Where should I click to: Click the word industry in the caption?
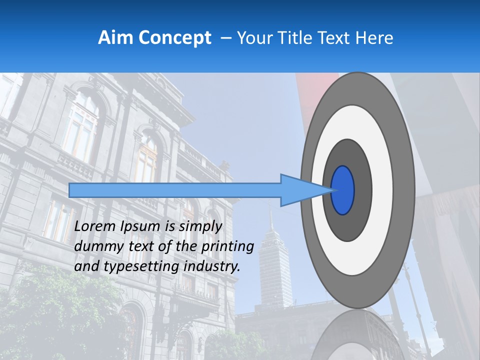[x=212, y=266]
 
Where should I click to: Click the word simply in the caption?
[x=200, y=226]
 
